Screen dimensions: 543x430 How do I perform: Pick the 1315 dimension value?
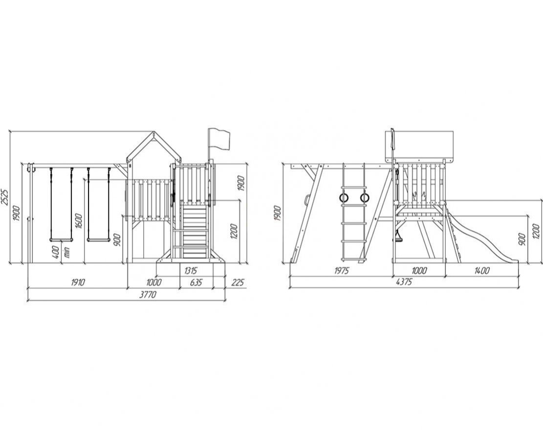[191, 270]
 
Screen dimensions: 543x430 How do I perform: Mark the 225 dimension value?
[237, 283]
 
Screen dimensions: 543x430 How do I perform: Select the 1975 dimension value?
[342, 271]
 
